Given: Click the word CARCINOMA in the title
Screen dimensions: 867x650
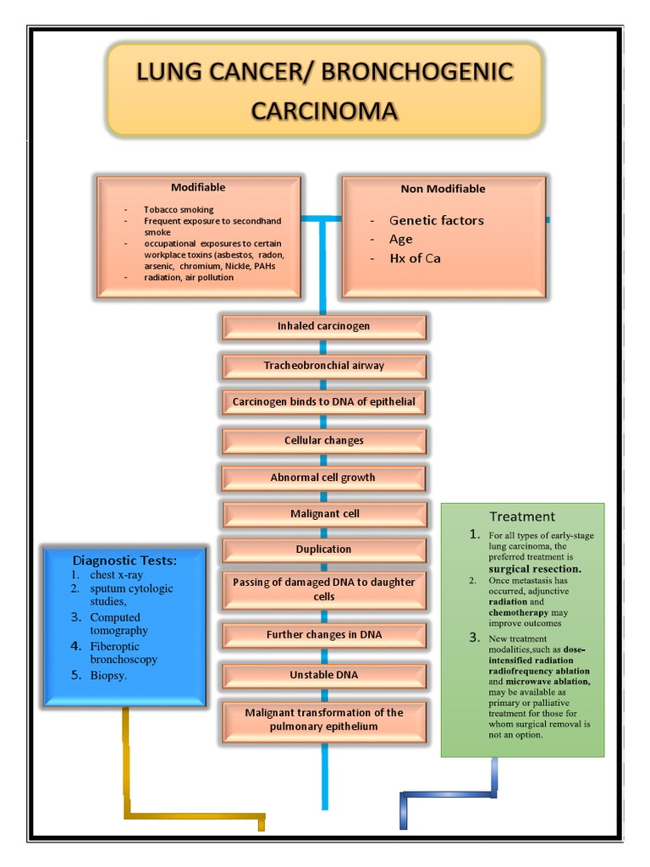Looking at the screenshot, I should [324, 111].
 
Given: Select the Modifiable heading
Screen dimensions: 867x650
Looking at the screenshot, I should [198, 187].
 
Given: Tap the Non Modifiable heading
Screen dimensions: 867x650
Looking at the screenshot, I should [443, 189].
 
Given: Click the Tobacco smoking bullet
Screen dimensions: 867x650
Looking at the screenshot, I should [179, 209].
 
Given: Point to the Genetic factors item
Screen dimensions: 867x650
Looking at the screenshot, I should [436, 220].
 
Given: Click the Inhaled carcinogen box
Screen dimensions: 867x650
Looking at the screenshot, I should [323, 326].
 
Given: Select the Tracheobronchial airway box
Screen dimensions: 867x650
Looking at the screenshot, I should [323, 366].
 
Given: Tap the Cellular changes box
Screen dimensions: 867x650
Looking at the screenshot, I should [323, 440].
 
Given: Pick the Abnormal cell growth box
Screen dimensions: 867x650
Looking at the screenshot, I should [322, 478].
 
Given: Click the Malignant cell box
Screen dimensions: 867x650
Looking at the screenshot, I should [324, 514].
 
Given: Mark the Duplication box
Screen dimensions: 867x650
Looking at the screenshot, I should [323, 549].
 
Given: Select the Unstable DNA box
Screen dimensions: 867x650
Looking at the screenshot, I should [323, 675].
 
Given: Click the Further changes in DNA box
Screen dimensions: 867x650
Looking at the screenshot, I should [323, 635].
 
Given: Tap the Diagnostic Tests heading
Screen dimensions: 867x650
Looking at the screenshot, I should [124, 560].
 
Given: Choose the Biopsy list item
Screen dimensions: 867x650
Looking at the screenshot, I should [108, 676].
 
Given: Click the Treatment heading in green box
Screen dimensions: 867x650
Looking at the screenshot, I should [522, 516].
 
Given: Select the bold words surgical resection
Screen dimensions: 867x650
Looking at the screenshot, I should [534, 569].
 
